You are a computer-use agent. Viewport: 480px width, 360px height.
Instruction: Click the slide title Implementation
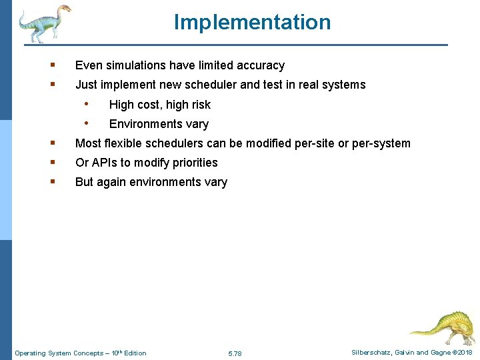coord(252,22)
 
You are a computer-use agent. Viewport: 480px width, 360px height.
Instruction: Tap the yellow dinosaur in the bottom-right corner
coord(442,327)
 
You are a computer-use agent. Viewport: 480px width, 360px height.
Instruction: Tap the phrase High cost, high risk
coord(159,105)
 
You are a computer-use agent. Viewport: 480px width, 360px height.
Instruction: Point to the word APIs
coord(105,163)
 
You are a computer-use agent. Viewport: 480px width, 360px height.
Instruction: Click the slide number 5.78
coord(235,353)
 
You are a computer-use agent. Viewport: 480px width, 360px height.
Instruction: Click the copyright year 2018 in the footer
coord(465,353)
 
